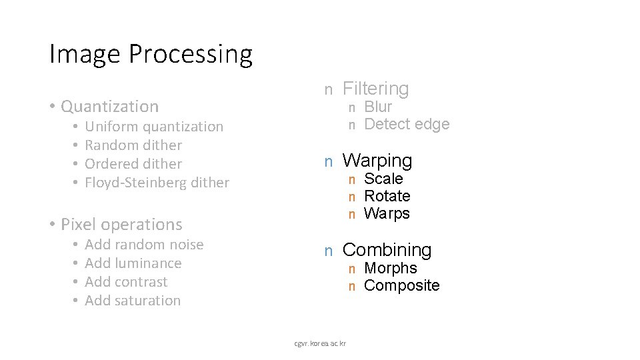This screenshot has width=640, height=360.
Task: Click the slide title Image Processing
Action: click(x=151, y=54)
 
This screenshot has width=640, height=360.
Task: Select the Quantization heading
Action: click(x=109, y=106)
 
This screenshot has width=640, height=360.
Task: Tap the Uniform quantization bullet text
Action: click(x=155, y=127)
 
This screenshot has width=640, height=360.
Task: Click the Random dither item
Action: click(x=134, y=145)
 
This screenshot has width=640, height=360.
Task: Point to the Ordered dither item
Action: click(x=134, y=164)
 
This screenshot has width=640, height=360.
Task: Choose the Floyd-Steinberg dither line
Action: click(x=157, y=183)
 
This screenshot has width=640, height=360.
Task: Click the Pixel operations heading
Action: click(x=121, y=224)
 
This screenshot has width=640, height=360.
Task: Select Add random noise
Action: click(x=145, y=245)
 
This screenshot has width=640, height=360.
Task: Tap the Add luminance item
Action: click(x=133, y=263)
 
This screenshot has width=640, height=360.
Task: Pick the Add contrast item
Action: click(x=127, y=282)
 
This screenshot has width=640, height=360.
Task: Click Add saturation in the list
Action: click(x=133, y=301)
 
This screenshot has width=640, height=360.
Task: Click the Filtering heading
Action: click(x=375, y=88)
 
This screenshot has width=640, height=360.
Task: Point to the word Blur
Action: click(x=378, y=107)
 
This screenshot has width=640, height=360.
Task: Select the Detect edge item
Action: click(x=407, y=124)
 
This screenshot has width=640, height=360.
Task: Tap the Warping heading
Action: click(x=377, y=161)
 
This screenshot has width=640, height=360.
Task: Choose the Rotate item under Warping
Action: click(x=387, y=196)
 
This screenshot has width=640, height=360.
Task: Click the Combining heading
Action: click(x=387, y=250)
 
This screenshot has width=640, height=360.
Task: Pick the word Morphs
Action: click(x=391, y=268)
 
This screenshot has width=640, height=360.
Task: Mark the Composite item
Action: click(x=402, y=285)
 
